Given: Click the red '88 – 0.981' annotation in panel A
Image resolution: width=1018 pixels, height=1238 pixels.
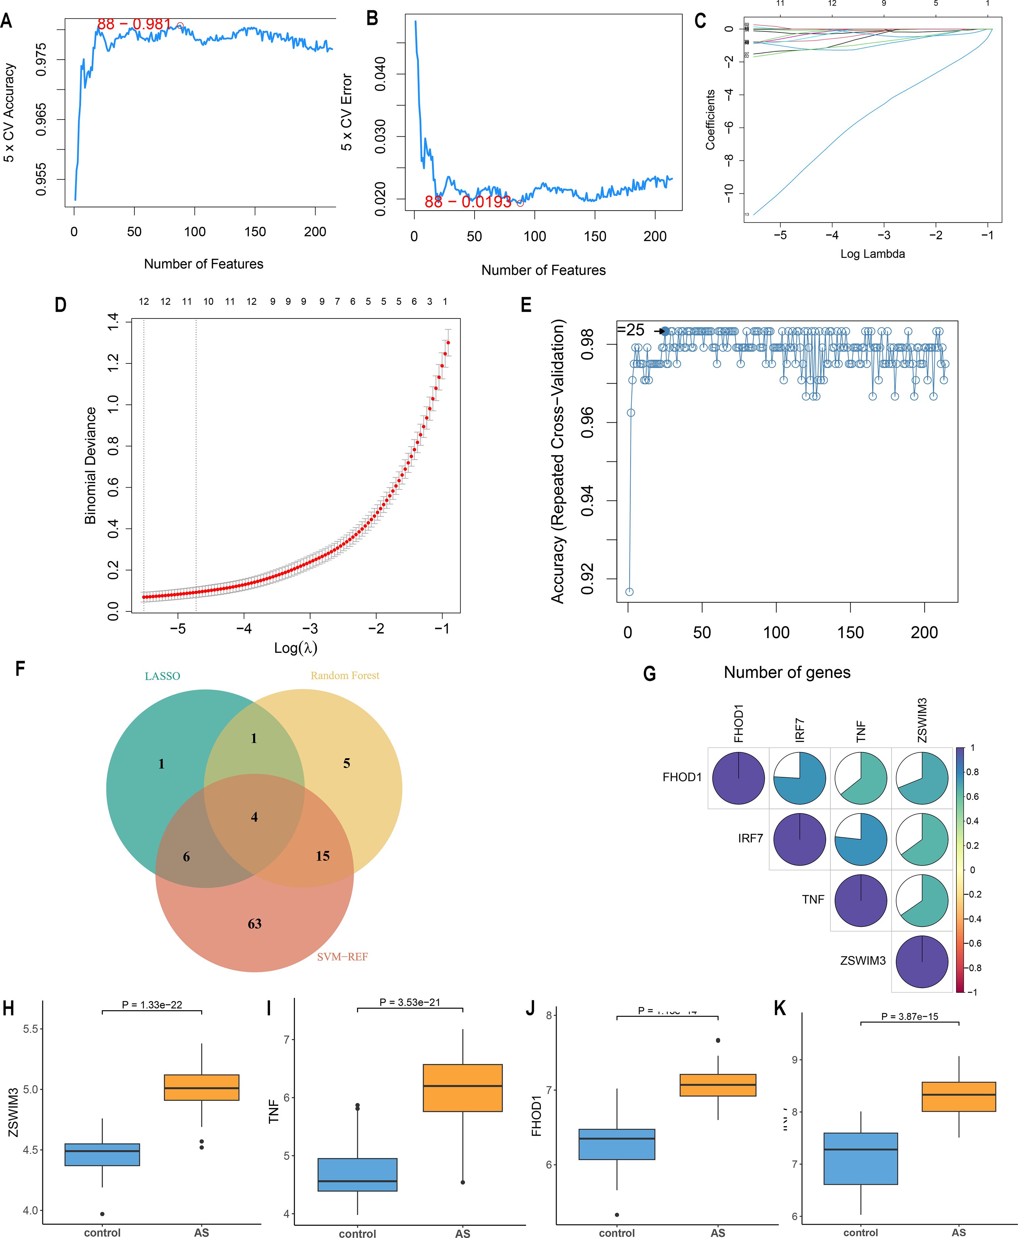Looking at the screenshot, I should [134, 24].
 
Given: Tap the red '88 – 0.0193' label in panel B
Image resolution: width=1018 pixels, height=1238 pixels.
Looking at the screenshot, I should [468, 202].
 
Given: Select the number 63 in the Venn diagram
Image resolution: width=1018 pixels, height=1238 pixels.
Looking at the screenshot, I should [254, 924].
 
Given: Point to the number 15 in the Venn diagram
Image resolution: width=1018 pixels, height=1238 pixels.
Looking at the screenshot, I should [323, 856].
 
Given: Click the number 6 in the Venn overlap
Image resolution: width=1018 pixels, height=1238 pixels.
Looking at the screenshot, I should [186, 857].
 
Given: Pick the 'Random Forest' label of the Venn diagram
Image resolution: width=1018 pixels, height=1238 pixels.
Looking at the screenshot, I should [345, 676].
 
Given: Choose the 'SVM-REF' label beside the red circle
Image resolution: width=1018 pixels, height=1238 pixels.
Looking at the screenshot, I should [343, 957].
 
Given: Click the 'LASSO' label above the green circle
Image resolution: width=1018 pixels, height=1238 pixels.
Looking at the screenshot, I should [162, 676].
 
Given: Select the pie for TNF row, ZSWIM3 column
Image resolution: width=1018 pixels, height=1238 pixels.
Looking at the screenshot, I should [922, 900].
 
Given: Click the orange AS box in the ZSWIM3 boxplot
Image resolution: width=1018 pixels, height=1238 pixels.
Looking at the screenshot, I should [201, 1087].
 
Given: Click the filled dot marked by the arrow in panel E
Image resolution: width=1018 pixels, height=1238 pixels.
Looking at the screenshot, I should [665, 331].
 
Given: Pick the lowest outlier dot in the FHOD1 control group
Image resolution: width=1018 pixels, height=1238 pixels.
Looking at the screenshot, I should [617, 1214].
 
